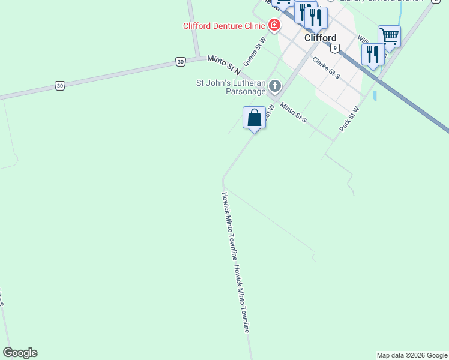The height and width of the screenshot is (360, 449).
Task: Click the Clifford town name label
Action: pyautogui.click(x=320, y=38)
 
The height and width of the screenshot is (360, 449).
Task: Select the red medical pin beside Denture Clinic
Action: pyautogui.click(x=274, y=25)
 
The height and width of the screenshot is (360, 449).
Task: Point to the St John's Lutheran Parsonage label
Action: pyautogui.click(x=232, y=88)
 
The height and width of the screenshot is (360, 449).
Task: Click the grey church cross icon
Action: pyautogui.click(x=275, y=86)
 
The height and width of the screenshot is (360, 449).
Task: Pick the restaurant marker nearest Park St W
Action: pyautogui.click(x=373, y=55)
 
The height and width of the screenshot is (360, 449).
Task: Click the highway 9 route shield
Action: pyautogui.click(x=334, y=49)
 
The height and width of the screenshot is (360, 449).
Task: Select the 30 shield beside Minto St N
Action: pyautogui.click(x=180, y=61)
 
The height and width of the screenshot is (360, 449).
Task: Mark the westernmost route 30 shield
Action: pyautogui.click(x=59, y=86)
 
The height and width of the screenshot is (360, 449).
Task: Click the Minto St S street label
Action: pyautogui.click(x=294, y=112)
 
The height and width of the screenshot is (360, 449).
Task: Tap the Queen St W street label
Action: pyautogui.click(x=254, y=53)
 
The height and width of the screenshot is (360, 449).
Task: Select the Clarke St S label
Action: pyautogui.click(x=325, y=68)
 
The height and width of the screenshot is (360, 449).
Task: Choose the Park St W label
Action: pyautogui.click(x=349, y=119)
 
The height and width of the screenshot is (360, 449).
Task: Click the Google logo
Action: pyautogui.click(x=20, y=353)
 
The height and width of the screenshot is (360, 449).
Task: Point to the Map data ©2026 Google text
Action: pyautogui.click(x=412, y=355)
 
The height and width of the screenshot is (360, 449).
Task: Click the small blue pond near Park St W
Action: pyautogui.click(x=375, y=95)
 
